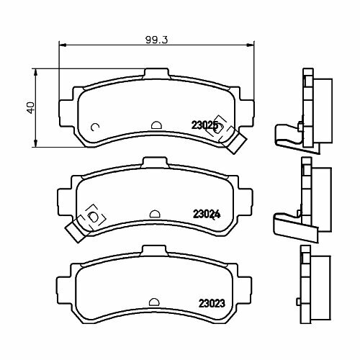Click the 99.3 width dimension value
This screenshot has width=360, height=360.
click(x=156, y=40)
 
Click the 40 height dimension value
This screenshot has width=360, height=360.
click(x=31, y=108)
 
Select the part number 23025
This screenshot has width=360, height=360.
click(x=204, y=125)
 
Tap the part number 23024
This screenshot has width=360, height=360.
click(x=207, y=215)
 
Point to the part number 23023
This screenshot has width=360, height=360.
click(x=212, y=304)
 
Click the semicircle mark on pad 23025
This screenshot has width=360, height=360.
click(x=156, y=125)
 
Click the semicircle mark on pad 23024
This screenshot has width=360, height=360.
click(x=155, y=214)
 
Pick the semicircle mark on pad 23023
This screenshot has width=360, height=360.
click(x=154, y=302)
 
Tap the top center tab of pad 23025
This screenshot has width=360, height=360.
click(x=156, y=74)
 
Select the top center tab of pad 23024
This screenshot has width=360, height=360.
click(x=155, y=163)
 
